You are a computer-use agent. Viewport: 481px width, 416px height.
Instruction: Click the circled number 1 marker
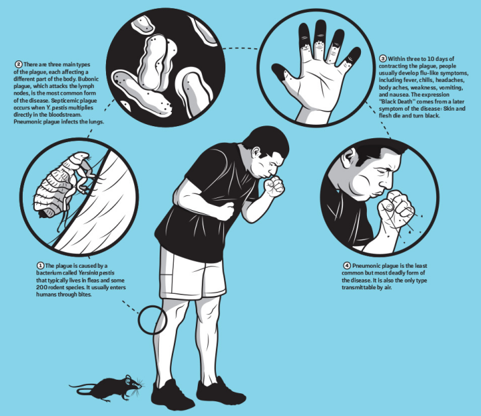coord(40,266)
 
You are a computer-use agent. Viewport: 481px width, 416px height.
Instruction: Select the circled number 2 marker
coord(19,64)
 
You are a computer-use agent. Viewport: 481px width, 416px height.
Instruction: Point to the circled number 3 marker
coord(383,58)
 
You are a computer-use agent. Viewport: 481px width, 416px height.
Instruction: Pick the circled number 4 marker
coord(347,266)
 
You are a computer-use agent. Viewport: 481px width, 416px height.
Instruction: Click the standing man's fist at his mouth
coord(274,187)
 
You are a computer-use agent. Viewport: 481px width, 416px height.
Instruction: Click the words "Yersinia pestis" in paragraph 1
coord(97,272)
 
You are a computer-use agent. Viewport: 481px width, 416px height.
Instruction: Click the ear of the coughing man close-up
coord(349,158)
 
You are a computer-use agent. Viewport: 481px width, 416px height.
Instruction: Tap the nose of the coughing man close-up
coord(388,183)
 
